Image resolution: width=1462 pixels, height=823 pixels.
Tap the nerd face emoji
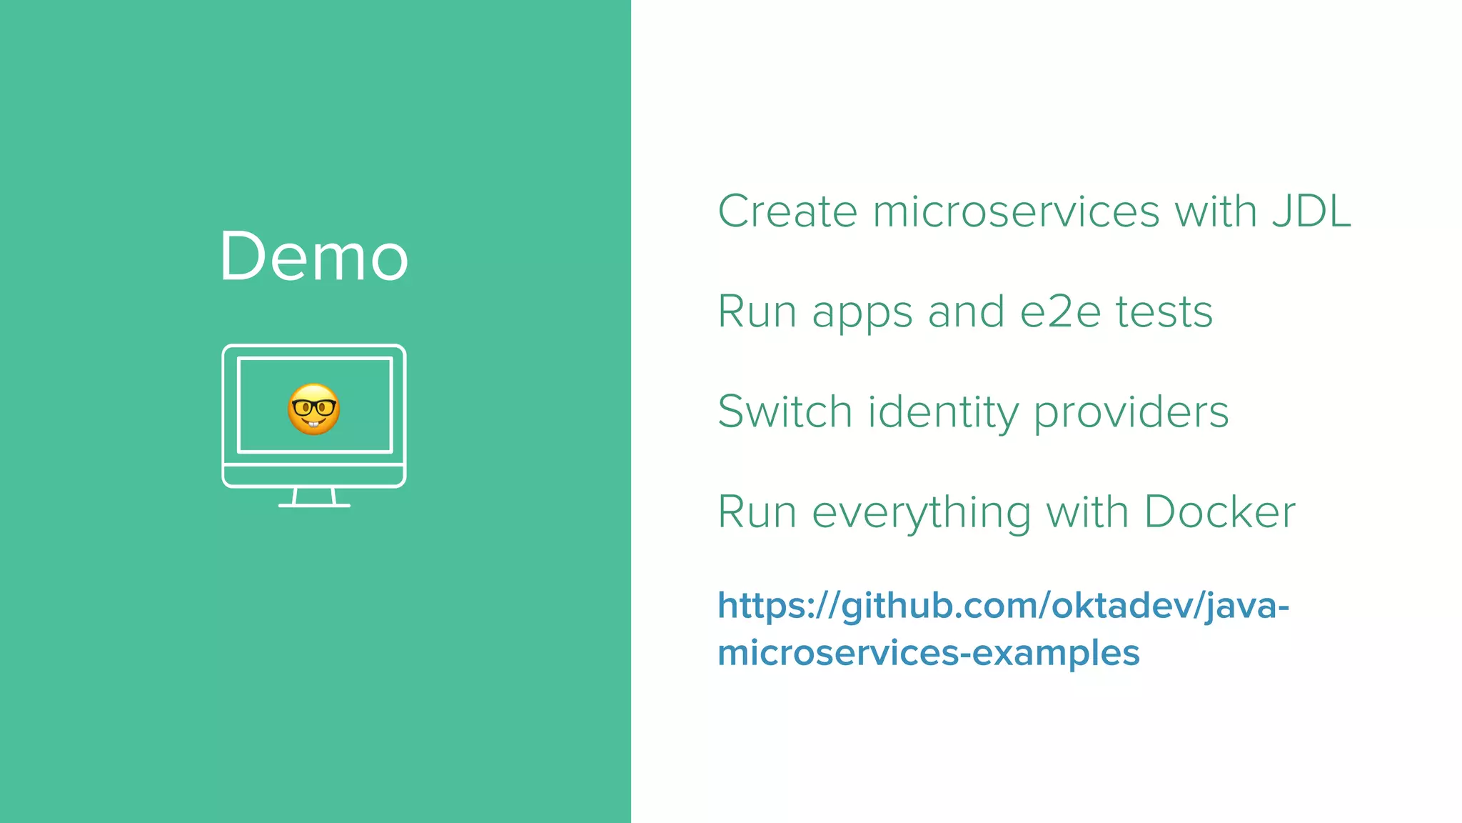point(313,409)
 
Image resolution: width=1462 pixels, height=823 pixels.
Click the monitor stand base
point(314,504)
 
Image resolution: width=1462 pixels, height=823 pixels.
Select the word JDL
point(1311,211)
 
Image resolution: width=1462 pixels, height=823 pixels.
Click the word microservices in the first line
point(1016,211)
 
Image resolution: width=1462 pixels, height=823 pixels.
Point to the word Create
point(787,211)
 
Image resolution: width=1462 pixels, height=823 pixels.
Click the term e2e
point(1060,312)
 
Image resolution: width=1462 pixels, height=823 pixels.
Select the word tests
point(1164,312)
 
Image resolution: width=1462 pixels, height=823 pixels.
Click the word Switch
point(785,412)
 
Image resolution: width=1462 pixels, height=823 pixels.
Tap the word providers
point(1131,413)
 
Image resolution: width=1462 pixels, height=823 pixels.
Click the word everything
point(922,513)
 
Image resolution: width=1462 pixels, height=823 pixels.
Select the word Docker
point(1220,512)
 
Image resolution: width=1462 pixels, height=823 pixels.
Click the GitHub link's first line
point(1003,606)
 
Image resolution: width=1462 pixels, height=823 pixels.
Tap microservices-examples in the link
point(928,653)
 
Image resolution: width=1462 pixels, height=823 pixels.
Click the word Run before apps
point(757,312)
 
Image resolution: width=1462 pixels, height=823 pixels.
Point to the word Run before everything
point(757,512)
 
